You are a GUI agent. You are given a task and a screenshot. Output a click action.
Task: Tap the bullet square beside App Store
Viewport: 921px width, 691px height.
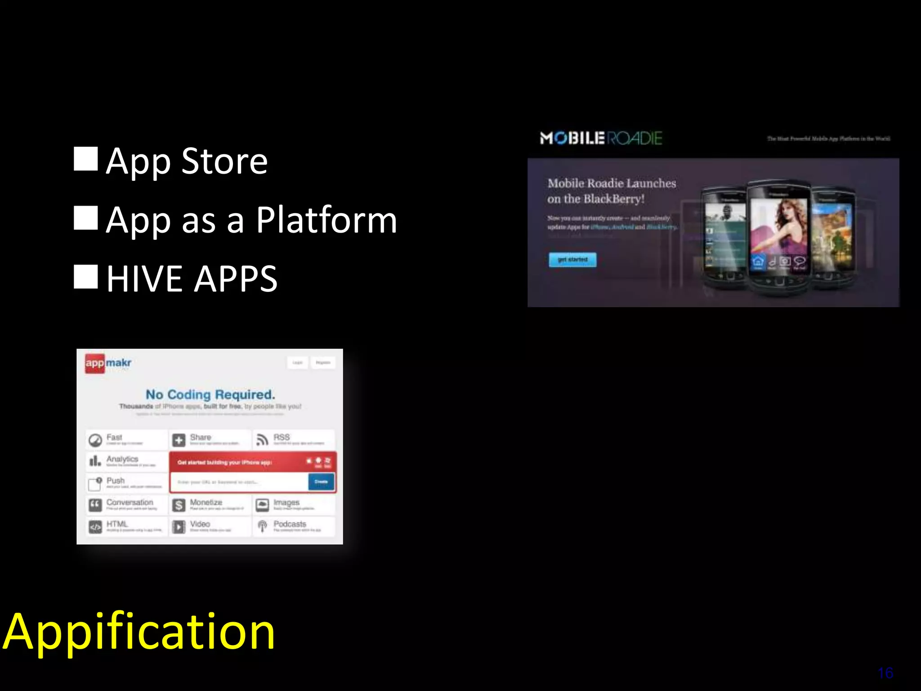tap(85, 159)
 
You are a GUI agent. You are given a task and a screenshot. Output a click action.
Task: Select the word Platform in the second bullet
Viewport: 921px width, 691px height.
tap(326, 220)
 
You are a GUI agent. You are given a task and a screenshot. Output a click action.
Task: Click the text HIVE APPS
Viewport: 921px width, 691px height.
tap(192, 279)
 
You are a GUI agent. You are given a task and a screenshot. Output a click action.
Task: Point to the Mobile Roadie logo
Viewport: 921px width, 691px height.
tap(601, 138)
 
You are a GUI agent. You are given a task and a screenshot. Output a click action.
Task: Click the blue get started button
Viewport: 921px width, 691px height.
tap(572, 260)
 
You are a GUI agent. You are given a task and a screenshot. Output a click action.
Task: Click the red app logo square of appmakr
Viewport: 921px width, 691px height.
tap(94, 363)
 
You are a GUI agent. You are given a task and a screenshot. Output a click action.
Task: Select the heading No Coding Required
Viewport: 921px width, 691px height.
tap(210, 395)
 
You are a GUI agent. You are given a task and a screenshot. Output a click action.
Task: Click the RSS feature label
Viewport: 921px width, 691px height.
tap(282, 437)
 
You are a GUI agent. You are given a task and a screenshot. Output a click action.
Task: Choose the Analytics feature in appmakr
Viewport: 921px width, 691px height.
tap(122, 459)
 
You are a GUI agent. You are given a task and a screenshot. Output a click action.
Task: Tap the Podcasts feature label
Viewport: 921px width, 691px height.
tap(290, 524)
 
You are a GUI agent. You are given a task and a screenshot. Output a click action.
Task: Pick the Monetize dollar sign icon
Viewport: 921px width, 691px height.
tap(179, 505)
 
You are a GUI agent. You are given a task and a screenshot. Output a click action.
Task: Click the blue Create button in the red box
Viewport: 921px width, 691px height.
tap(321, 482)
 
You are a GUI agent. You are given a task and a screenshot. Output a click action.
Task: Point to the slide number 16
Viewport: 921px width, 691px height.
tap(885, 673)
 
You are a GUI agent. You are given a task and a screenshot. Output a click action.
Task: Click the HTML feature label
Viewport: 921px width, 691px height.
tap(117, 524)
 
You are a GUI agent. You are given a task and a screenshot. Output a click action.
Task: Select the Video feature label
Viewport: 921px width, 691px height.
tap(200, 524)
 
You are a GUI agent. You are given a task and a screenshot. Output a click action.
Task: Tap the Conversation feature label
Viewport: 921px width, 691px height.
tap(130, 503)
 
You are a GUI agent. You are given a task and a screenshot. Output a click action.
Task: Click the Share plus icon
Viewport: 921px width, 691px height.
tap(179, 440)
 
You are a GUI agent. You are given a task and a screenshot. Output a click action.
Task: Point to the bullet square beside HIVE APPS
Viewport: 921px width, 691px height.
tap(85, 276)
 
